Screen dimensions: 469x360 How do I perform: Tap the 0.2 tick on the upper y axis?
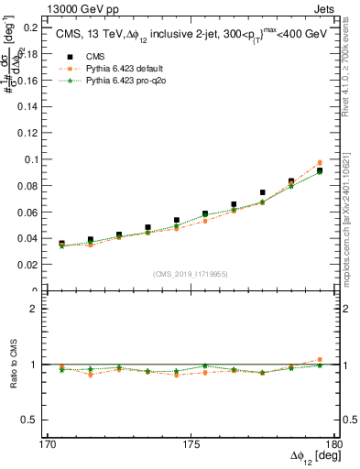pyautogui.click(x=29, y=27)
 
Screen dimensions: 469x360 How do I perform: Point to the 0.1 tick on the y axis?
pyautogui.click(x=29, y=159)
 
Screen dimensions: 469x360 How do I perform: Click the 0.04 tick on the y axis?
pyautogui.click(x=27, y=238)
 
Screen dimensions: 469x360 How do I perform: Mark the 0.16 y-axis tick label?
pyautogui.click(x=27, y=81)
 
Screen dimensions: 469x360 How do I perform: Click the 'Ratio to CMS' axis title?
pyautogui.click(x=13, y=365)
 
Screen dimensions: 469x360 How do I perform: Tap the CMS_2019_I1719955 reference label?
pyautogui.click(x=190, y=272)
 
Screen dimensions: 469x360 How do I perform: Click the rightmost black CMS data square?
pyautogui.click(x=320, y=170)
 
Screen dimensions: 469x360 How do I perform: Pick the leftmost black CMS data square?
pyautogui.click(x=61, y=244)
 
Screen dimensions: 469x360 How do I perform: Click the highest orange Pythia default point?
pyautogui.click(x=320, y=163)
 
